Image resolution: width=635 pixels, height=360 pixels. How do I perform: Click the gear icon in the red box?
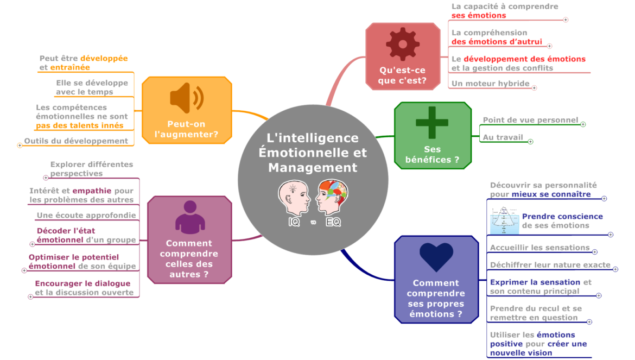[x=403, y=43]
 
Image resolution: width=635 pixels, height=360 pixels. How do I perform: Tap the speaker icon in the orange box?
[x=186, y=98]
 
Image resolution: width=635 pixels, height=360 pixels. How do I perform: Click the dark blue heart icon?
[x=436, y=257]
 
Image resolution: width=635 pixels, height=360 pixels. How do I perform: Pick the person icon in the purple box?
[x=189, y=217]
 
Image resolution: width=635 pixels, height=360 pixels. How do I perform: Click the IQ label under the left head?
[x=294, y=222]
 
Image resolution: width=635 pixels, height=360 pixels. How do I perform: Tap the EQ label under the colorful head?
[x=333, y=222]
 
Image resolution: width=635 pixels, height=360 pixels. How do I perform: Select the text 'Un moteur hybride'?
[x=490, y=84]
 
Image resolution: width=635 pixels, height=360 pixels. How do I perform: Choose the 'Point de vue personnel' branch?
[x=530, y=120]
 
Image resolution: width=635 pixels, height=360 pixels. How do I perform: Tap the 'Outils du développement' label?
[x=76, y=141]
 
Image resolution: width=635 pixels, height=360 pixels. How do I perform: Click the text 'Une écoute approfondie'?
[x=86, y=215]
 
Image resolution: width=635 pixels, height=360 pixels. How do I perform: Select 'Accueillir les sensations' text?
[x=539, y=248]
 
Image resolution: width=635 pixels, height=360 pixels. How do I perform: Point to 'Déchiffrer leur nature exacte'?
[x=550, y=265]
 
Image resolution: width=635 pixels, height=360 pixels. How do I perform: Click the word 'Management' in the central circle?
[x=313, y=167]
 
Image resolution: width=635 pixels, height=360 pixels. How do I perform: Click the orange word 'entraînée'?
[x=70, y=67]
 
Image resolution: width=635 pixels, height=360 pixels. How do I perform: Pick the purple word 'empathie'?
[x=92, y=191]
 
